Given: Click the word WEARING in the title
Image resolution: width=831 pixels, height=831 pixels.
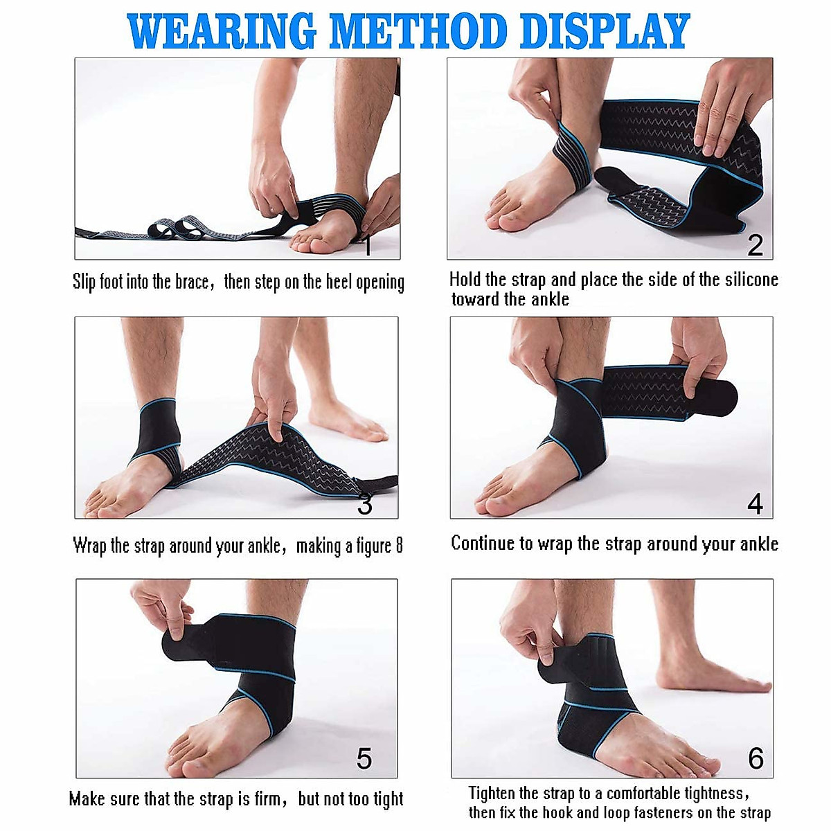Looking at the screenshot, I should tap(222, 31).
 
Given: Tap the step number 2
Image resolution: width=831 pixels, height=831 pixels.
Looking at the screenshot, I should tap(755, 245).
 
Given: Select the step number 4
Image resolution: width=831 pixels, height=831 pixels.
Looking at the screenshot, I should tap(755, 503).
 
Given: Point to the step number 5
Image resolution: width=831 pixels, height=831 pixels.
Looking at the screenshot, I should tap(364, 759).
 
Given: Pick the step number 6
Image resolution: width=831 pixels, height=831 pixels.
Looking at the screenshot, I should tap(756, 759).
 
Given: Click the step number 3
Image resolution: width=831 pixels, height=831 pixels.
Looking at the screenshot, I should tap(365, 504).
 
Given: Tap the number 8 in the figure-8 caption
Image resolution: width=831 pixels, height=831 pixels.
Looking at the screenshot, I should tap(399, 546).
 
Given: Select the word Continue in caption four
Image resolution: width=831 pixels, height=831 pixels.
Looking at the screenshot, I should tap(482, 544).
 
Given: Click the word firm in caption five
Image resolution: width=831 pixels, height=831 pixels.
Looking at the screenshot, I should tap(267, 799).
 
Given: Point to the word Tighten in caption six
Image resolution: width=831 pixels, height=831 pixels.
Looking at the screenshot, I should tap(492, 794).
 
